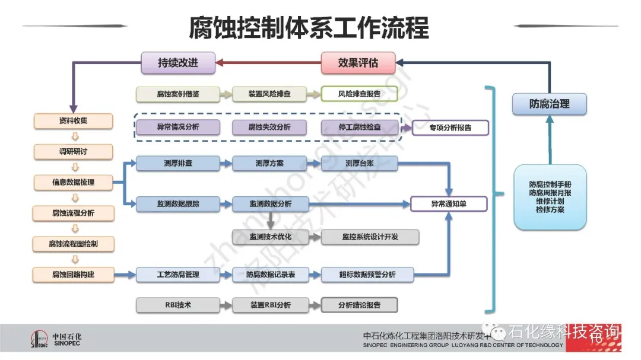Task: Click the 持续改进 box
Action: [x=177, y=63]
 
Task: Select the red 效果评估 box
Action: [x=358, y=63]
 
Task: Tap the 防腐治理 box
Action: [x=549, y=104]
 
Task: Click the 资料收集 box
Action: [x=73, y=121]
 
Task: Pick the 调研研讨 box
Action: [x=73, y=152]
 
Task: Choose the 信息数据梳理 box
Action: [x=73, y=182]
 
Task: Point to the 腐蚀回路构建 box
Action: [x=73, y=274]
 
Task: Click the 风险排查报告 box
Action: [x=359, y=94]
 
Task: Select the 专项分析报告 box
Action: [x=450, y=128]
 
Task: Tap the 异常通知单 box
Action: [x=449, y=204]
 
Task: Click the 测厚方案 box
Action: [x=269, y=164]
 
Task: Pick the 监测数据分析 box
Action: [x=269, y=204]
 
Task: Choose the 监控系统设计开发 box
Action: [x=370, y=237]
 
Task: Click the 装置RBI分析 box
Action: [x=269, y=305]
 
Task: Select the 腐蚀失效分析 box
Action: [x=269, y=127]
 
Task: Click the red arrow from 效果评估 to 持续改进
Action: [x=268, y=63]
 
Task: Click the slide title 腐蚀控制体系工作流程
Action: [x=309, y=27]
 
